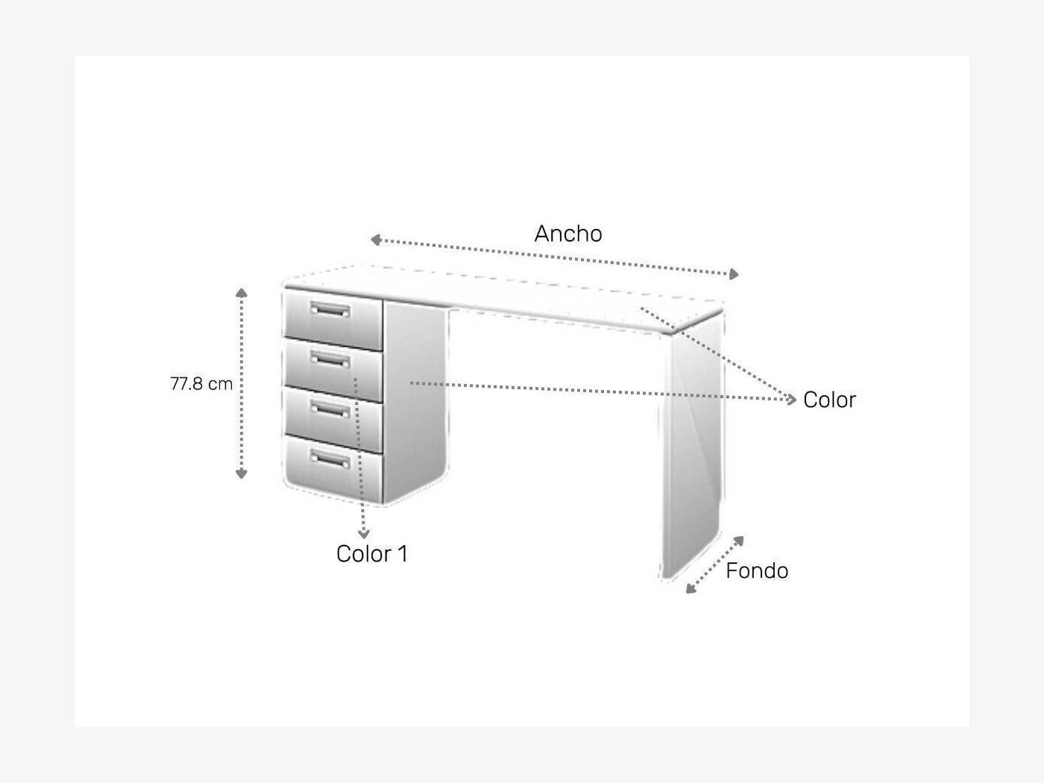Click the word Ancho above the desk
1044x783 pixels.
point(568,234)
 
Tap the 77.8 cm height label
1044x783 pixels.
point(201,383)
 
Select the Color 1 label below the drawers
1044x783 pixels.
point(372,554)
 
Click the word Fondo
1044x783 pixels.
point(757,570)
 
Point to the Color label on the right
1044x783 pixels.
point(829,400)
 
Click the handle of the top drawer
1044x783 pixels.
point(330,309)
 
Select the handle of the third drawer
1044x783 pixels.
point(330,409)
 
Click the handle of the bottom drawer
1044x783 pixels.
point(330,459)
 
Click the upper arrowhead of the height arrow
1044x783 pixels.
point(242,292)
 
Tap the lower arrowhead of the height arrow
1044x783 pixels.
point(242,474)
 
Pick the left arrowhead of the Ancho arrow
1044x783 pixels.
point(376,240)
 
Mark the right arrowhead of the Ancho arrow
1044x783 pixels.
point(734,274)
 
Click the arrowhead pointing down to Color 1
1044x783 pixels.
point(364,534)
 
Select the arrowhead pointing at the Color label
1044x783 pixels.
point(791,400)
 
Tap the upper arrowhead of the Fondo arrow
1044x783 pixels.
point(739,541)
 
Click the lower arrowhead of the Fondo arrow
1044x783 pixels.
point(691,588)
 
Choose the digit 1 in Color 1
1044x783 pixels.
point(403,554)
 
